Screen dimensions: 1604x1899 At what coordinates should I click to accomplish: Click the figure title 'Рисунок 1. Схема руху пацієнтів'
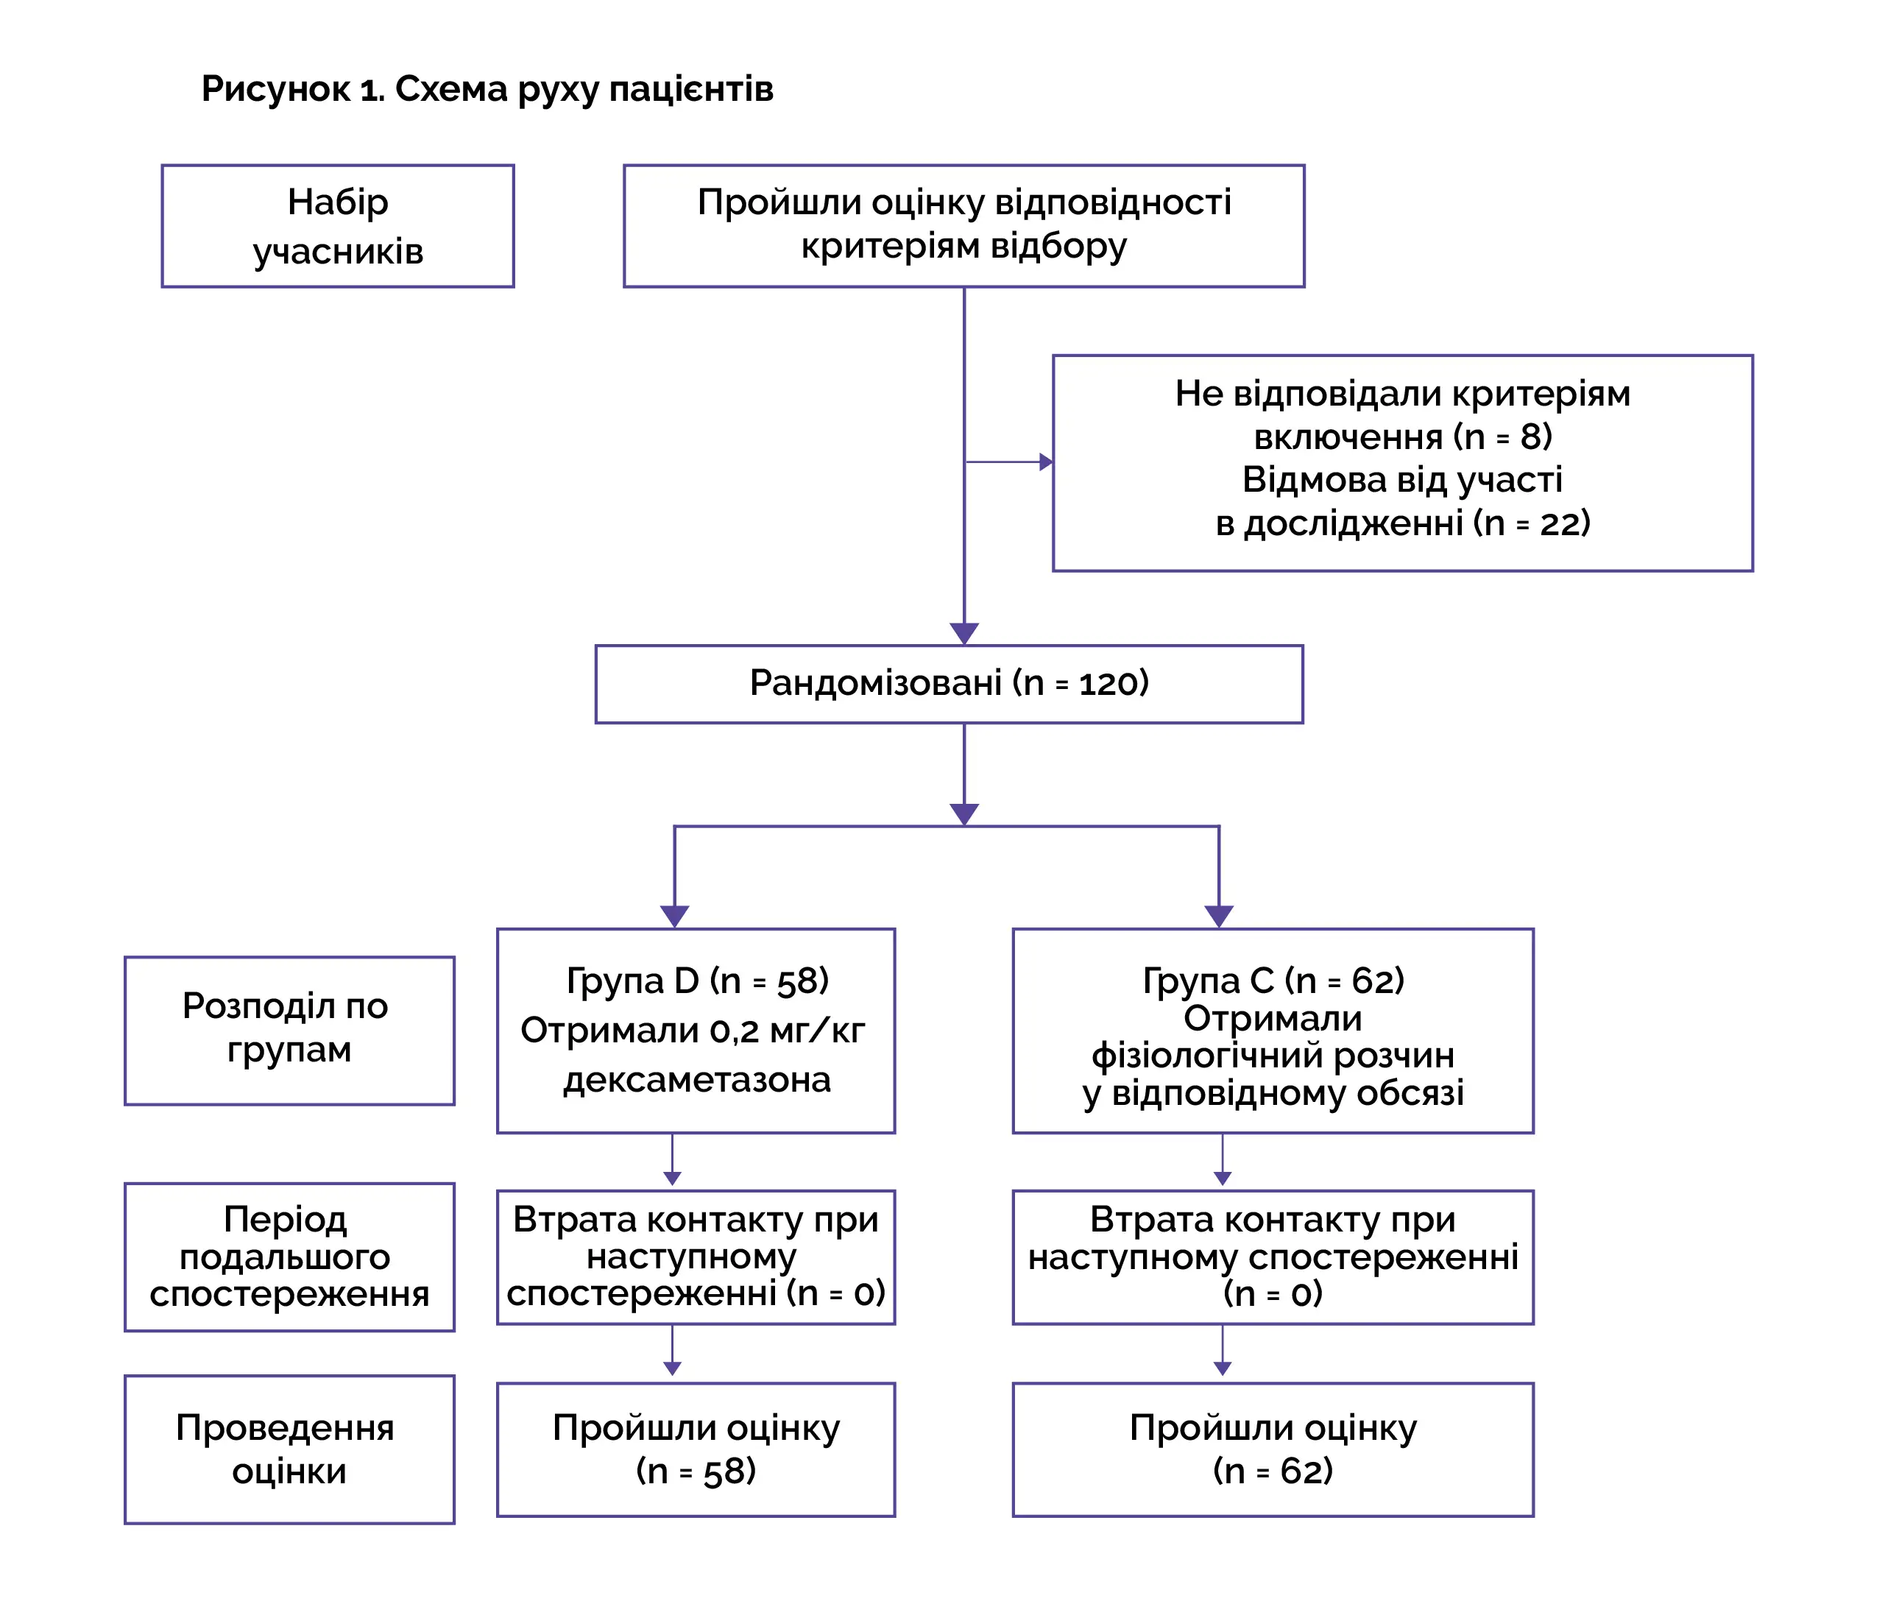click(487, 89)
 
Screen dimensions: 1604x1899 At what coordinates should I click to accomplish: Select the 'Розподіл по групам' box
click(289, 1031)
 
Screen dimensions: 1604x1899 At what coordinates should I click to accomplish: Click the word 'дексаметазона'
click(696, 1080)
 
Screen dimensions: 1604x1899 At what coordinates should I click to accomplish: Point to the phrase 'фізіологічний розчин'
click(1273, 1056)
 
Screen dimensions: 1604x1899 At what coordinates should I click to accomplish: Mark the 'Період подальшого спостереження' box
click(289, 1257)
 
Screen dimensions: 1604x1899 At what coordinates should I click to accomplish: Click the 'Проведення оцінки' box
click(289, 1449)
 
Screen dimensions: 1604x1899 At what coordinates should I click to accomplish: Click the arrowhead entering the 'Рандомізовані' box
click(963, 634)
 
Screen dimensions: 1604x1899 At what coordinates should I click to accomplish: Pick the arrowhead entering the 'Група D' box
click(673, 916)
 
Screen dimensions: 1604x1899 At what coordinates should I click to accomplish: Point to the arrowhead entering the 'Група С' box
click(1218, 916)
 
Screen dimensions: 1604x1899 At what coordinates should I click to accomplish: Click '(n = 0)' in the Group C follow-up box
click(1273, 1294)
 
